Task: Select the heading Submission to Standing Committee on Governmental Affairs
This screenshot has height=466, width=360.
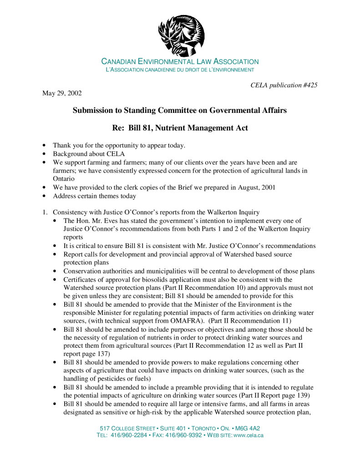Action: [180, 111]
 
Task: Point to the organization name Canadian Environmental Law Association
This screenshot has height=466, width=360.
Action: [180, 61]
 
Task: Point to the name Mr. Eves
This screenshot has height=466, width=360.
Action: [112, 221]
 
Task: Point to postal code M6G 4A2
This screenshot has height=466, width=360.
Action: [247, 429]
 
